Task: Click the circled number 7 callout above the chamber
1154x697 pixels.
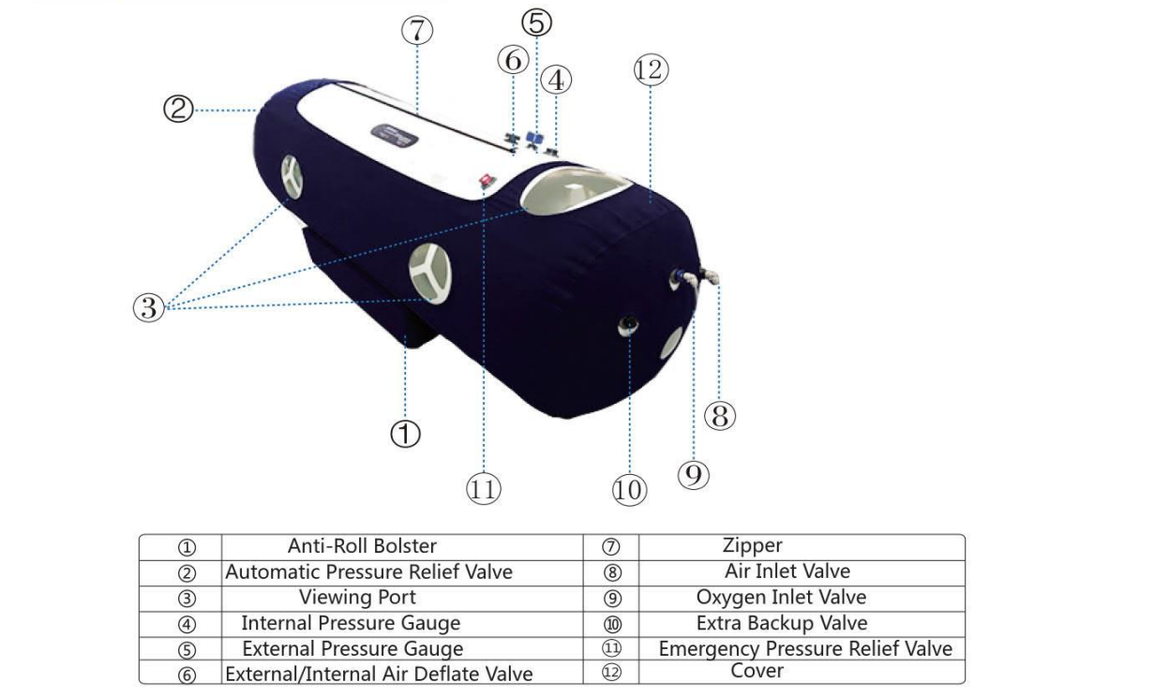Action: tap(417, 31)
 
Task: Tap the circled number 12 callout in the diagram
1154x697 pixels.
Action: tap(649, 69)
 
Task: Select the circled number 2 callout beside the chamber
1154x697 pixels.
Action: tap(178, 110)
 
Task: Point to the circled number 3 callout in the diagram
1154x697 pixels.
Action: tap(149, 306)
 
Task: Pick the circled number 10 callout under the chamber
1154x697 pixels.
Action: tap(629, 489)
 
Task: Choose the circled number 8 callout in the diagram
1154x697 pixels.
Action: tap(719, 415)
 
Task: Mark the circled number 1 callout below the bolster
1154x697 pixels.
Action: tap(404, 433)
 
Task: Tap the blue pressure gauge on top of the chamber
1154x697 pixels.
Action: tap(535, 138)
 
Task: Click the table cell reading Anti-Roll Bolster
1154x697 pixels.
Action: tap(362, 545)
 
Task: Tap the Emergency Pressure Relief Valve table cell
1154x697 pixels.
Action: tap(804, 648)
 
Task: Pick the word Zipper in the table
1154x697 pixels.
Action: tap(752, 545)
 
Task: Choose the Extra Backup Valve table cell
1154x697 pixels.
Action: tap(782, 623)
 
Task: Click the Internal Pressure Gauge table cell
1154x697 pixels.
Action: tap(351, 623)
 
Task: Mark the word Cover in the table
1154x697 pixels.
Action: tap(757, 671)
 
